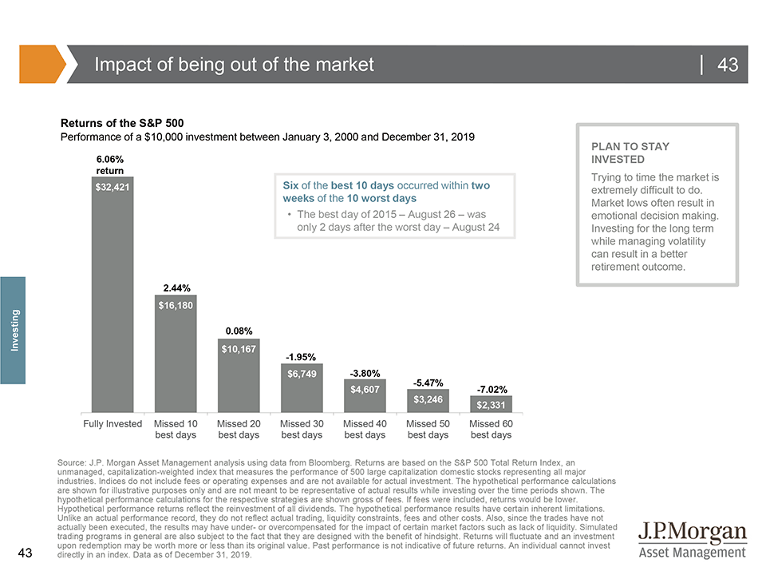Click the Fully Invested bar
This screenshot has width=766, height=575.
point(113,303)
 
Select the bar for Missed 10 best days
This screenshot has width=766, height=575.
point(176,359)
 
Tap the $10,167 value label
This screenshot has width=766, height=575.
point(239,348)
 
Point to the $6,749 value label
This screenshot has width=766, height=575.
point(302,373)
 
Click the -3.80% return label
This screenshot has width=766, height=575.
point(365,373)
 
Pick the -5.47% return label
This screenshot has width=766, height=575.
point(428,383)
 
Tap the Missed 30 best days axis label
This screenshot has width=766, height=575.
point(302,429)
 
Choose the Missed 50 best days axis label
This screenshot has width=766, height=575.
point(428,429)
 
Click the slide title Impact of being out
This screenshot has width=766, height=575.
point(234,65)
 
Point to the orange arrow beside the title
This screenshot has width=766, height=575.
point(41,64)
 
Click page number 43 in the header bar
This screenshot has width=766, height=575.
point(727,65)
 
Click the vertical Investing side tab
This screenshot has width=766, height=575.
point(14,330)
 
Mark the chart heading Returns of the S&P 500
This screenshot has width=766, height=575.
point(123,124)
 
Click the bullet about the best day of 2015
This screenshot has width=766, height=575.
point(397,221)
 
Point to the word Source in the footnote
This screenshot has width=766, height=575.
point(73,463)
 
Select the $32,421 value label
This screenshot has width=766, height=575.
point(113,188)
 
